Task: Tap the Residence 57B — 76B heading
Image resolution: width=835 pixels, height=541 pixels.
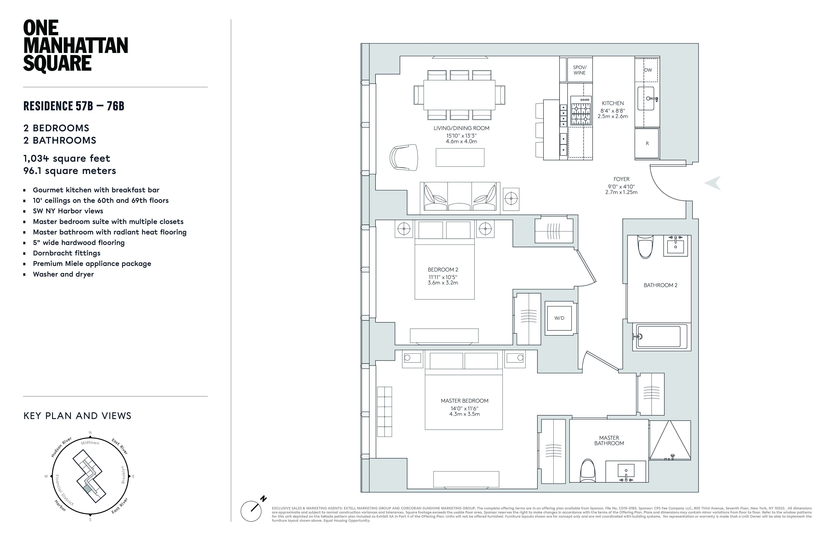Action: point(74,106)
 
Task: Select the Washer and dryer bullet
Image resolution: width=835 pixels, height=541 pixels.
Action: point(63,274)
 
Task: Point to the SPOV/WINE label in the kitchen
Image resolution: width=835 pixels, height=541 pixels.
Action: point(580,70)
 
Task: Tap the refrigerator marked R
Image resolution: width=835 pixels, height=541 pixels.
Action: point(647,143)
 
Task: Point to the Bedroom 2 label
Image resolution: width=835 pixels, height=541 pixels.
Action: point(443,270)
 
